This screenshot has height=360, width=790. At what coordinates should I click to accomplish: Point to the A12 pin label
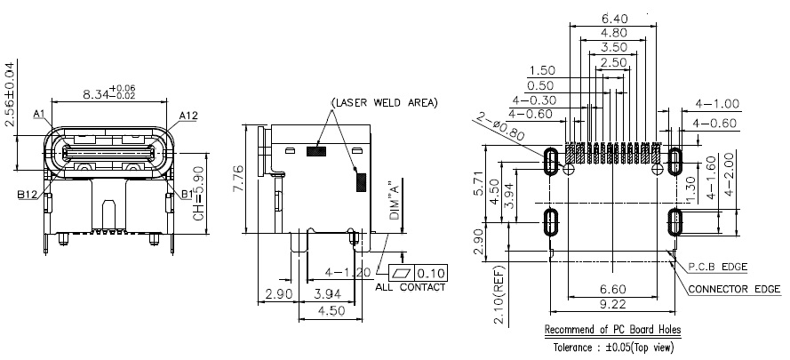coord(188,116)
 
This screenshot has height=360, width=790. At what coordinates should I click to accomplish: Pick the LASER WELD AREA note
coord(385,103)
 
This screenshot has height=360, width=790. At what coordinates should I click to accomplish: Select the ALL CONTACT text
coord(411,287)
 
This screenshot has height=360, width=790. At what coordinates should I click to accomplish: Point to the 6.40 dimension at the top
coord(614,17)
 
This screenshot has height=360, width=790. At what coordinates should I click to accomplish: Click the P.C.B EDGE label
coord(718,266)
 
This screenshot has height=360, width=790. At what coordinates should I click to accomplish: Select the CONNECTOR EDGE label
coord(735,289)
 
